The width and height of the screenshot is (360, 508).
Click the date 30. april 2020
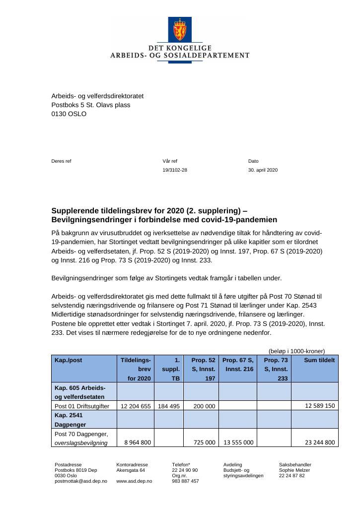pos(263,170)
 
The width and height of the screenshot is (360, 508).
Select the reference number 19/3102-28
pos(175,170)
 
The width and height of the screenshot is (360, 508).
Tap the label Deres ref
pos(61,161)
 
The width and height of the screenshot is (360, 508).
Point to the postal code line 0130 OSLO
pos(69,114)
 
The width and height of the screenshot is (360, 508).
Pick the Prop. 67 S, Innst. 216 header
pos(237,365)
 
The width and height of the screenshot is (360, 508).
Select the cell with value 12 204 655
pos(135,406)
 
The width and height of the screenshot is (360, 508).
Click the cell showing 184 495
pos(169,406)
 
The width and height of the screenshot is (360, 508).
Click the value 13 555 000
pos(238,442)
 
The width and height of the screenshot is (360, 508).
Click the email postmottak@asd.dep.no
pos(80,481)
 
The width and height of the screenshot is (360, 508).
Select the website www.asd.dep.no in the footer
pos(134,481)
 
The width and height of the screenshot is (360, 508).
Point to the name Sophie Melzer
pos(294,470)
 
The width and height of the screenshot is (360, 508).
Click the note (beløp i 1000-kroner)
pos(297,351)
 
